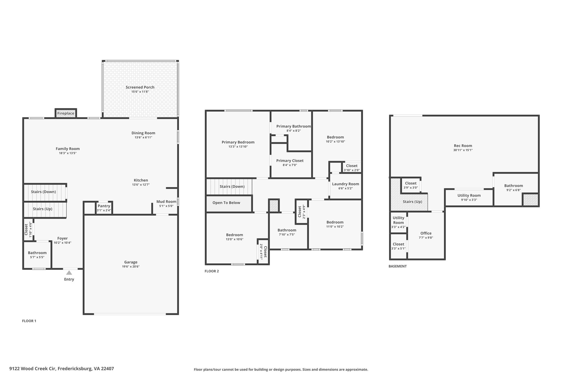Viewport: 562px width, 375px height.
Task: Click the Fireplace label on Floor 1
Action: pos(66,113)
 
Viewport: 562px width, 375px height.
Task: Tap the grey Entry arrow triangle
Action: pos(69,273)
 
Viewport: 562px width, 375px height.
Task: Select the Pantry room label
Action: pos(104,206)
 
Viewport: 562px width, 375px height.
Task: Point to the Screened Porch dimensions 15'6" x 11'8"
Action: pos(140,91)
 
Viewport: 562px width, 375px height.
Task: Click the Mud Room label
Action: pos(166,201)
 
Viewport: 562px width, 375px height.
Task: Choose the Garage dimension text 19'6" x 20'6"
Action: pos(131,266)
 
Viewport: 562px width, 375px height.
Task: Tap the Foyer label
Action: pos(63,238)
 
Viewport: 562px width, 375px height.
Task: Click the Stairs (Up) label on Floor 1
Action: pos(43,209)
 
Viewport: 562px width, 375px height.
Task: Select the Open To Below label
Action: pos(226,203)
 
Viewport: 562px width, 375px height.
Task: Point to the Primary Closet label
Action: pos(290,161)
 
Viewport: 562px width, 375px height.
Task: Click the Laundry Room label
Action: pos(345,184)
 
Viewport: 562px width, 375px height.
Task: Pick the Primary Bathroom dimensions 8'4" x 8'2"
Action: pos(294,131)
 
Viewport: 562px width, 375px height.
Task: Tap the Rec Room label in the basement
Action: pos(463,146)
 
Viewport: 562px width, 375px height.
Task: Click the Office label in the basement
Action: pos(426,233)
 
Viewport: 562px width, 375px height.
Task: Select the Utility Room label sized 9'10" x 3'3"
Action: pos(469,196)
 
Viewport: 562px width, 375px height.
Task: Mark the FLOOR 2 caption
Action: pos(212,271)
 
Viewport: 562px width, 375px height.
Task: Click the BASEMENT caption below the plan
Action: pos(398,266)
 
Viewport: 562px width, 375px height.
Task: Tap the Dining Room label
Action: pos(143,133)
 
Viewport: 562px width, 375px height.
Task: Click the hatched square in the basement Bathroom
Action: pos(530,199)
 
